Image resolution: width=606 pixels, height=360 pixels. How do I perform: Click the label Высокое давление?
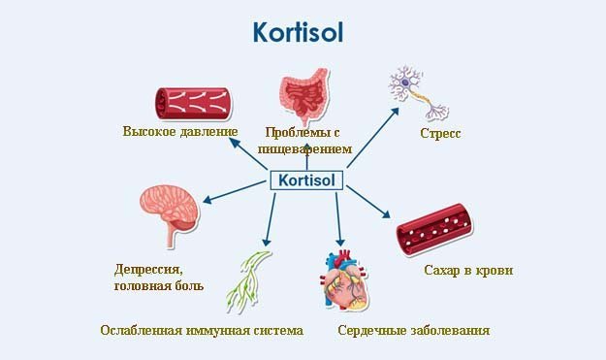tap(180, 131)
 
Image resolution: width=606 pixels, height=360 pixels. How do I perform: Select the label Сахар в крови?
tap(468, 270)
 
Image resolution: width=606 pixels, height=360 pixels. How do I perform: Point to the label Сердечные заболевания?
tap(413, 330)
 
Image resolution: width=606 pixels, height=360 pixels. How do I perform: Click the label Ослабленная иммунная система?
tap(202, 330)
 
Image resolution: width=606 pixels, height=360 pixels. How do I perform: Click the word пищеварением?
tap(304, 148)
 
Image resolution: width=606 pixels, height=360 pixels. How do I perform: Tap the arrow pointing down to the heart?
tap(339, 218)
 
